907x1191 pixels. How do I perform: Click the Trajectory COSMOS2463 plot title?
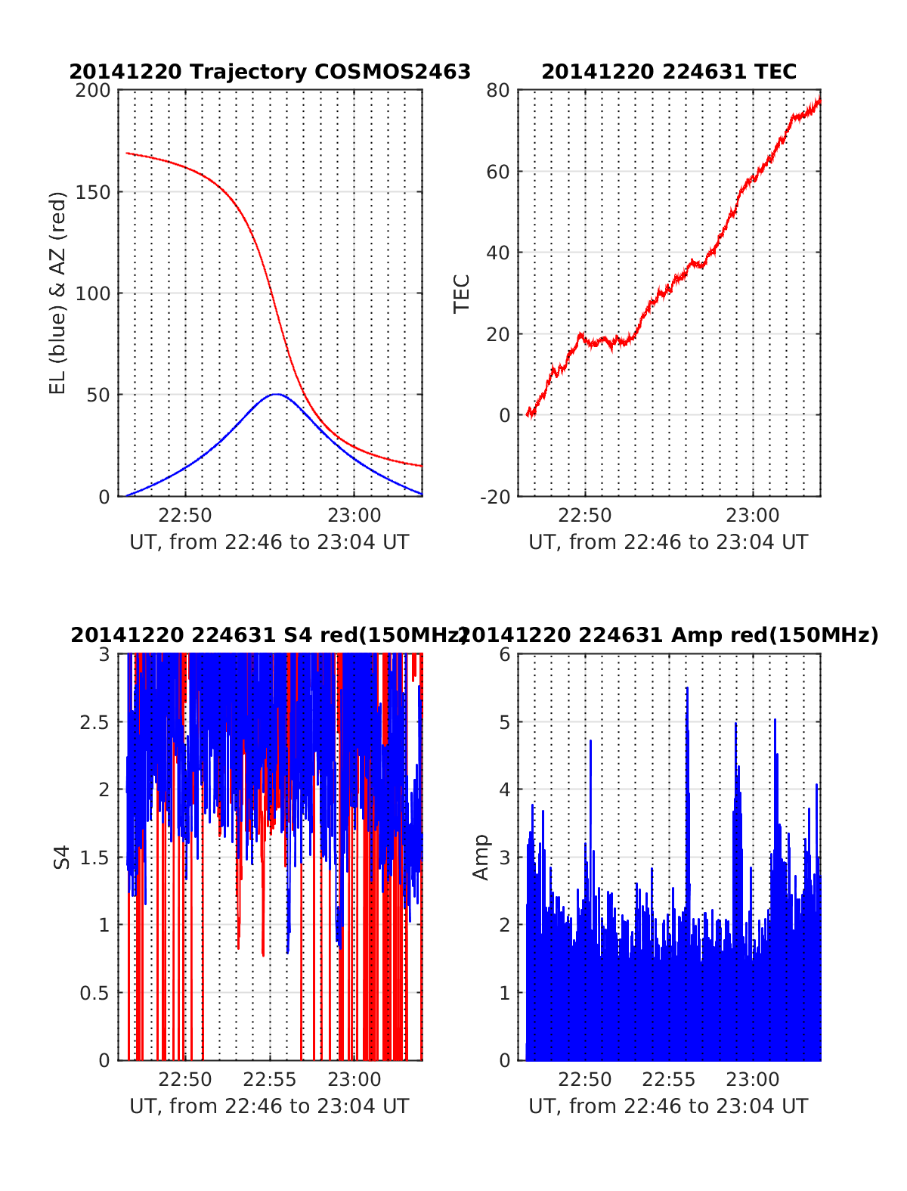coord(270,72)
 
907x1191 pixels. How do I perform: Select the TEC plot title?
coord(669,72)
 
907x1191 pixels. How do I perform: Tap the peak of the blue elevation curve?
coord(277,394)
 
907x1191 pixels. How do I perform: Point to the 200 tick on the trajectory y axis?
coord(94,91)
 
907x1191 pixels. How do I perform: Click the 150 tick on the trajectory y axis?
coord(94,192)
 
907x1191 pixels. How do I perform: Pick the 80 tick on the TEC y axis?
coord(499,91)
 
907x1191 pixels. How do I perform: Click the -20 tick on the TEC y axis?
coord(494,496)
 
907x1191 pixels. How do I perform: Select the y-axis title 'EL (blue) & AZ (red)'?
coord(58,293)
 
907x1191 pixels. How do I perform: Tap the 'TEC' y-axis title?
coord(461,293)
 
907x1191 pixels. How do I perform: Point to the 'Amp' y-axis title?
coord(481,858)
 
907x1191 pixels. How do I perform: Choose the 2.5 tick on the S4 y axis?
coord(95,722)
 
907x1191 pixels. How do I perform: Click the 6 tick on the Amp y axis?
coord(505,655)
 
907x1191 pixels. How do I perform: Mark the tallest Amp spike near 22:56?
coord(687,688)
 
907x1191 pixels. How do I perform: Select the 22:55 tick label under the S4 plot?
coord(270,1079)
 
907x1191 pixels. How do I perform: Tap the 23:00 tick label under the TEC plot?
coord(753,516)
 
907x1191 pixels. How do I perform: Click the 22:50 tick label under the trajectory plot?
coord(185,516)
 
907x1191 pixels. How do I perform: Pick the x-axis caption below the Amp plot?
coord(668,1106)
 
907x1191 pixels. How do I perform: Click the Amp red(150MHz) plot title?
coord(669,635)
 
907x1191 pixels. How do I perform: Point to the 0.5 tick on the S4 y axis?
coord(95,993)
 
